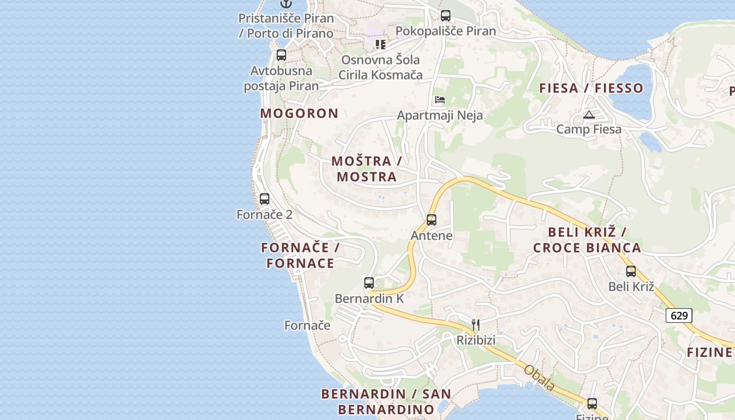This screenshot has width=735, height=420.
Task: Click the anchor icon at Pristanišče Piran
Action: point(285,3)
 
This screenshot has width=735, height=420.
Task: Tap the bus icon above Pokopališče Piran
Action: point(446,16)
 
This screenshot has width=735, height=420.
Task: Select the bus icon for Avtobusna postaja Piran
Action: point(281,55)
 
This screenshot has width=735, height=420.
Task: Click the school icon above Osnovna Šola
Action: point(380,44)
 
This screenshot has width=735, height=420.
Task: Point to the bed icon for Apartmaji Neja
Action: point(440,100)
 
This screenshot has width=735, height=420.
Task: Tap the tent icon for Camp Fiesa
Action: point(589,114)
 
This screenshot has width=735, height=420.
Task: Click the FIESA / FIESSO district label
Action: point(591,88)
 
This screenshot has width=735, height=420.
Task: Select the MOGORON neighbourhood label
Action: point(299,113)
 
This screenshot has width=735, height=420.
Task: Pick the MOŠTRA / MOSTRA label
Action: point(367,169)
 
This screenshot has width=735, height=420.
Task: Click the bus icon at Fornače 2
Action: point(265,199)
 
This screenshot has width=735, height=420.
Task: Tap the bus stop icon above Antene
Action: point(432,220)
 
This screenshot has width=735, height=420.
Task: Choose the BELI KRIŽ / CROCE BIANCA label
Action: point(587,240)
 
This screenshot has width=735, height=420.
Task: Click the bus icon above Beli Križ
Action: point(631,271)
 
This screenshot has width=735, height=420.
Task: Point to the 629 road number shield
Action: point(679,316)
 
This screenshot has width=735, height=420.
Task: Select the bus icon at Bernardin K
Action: point(369,283)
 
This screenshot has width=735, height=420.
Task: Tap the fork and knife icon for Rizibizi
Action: point(476,325)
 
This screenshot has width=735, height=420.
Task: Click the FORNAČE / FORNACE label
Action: point(300,255)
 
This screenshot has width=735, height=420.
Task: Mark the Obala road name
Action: point(539,377)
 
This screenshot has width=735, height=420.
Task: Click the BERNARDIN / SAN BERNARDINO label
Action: point(386,402)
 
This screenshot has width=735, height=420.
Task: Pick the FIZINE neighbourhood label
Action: point(709,352)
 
